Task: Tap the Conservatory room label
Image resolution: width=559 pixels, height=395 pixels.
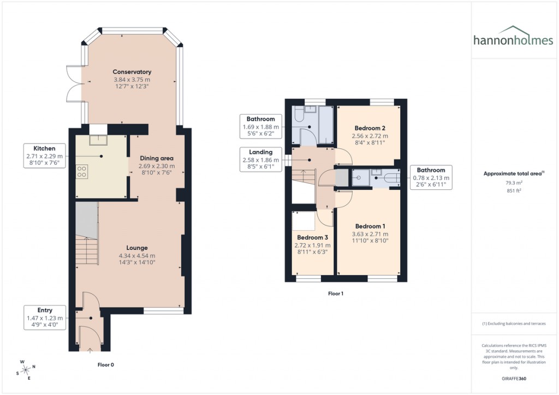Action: [132, 72]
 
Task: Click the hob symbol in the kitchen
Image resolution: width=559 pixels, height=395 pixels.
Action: [82, 172]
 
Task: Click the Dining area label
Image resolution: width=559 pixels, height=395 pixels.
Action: [157, 158]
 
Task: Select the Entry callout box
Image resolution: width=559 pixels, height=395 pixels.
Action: [45, 318]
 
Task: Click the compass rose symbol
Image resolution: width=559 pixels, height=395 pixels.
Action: [26, 369]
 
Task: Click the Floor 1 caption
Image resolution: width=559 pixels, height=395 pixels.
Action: [335, 294]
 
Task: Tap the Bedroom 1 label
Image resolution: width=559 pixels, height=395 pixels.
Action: [370, 226]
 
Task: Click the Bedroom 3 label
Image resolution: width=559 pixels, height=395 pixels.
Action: [312, 238]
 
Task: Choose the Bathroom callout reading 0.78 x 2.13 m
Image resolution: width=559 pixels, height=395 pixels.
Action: [431, 177]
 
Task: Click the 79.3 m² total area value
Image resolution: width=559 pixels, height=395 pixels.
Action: [514, 183]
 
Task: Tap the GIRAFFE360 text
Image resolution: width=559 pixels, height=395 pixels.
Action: [514, 379]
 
